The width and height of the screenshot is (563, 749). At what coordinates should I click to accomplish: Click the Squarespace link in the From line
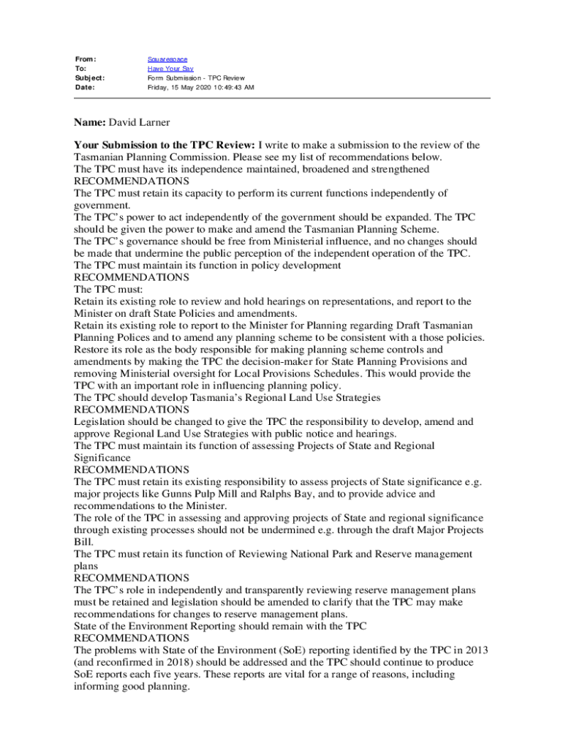[167, 59]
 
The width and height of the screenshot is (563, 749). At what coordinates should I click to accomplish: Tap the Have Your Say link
[165, 68]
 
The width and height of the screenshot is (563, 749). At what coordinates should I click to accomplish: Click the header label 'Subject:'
[89, 78]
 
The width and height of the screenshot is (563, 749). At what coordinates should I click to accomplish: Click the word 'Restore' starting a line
[91, 350]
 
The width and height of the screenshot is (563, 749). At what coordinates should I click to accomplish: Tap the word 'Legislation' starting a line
[101, 421]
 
